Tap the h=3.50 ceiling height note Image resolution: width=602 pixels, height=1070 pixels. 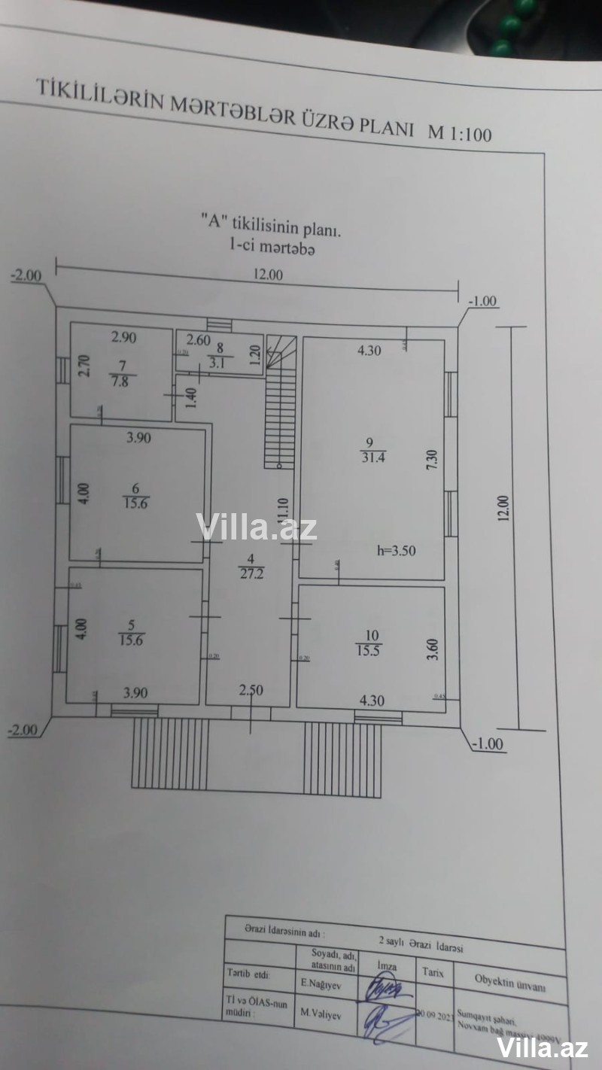[x=397, y=550]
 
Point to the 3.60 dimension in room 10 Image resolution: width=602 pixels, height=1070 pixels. [x=432, y=649]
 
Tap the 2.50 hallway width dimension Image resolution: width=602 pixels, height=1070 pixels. [x=251, y=691]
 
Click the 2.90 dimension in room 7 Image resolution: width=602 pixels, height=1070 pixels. [x=124, y=338]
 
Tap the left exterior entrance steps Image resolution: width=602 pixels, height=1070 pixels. [x=169, y=753]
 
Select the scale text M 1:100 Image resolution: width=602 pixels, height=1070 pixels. [x=459, y=134]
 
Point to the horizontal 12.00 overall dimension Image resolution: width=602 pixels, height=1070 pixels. [x=269, y=275]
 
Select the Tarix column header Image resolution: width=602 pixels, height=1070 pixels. [x=433, y=972]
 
